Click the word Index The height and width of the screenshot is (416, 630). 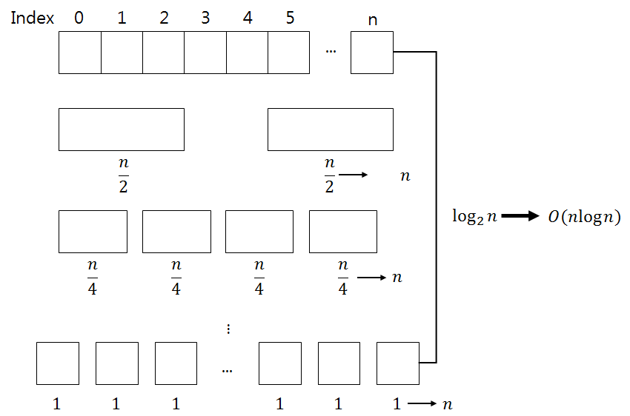[x=33, y=19]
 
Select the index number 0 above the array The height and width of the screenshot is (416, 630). [x=79, y=19]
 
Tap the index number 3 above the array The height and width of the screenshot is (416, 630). [x=205, y=19]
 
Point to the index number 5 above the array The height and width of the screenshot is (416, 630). [x=290, y=19]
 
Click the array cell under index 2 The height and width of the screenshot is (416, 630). [x=163, y=52]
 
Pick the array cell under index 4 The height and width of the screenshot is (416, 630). [x=247, y=52]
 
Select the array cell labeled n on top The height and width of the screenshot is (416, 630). [x=371, y=52]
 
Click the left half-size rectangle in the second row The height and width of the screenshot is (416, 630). [x=122, y=130]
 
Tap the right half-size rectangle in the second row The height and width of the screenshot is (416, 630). [x=330, y=130]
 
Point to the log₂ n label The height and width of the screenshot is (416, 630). [x=475, y=217]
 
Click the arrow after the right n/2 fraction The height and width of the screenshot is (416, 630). [x=354, y=175]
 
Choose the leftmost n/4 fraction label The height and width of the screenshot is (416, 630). [x=93, y=277]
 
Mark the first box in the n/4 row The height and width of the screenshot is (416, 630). [x=93, y=232]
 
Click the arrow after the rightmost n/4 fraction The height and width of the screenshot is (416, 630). [x=371, y=278]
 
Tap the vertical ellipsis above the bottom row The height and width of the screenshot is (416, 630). [x=228, y=328]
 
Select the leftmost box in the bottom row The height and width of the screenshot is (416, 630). [x=57, y=363]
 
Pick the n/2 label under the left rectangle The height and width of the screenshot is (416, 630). [x=122, y=175]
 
